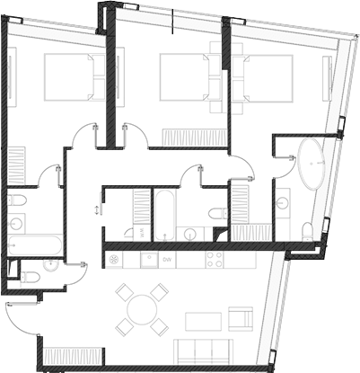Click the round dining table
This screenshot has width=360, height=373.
tap(143, 309)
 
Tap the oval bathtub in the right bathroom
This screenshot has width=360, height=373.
tap(313, 164)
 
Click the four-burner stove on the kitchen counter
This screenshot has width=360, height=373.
tap(215, 260)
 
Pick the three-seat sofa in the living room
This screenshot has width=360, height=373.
tap(207, 351)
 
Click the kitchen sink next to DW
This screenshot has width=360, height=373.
tap(147, 260)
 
